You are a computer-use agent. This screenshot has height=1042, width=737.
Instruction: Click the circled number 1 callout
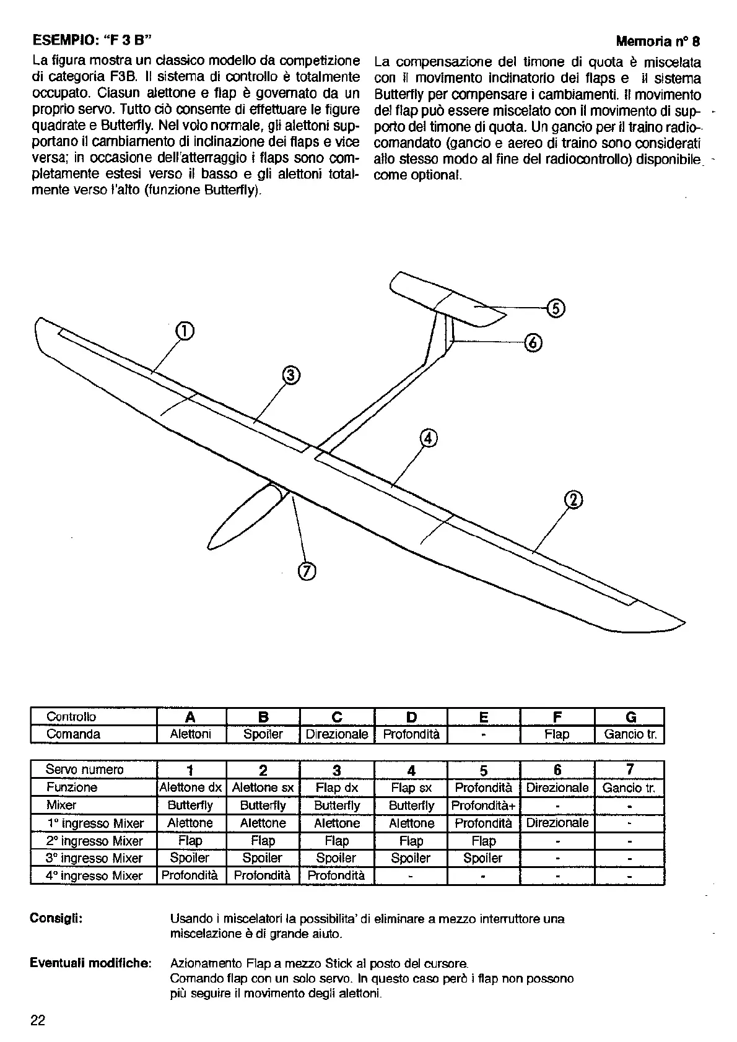pyautogui.click(x=185, y=332)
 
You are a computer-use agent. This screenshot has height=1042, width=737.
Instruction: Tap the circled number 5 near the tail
pyautogui.click(x=555, y=308)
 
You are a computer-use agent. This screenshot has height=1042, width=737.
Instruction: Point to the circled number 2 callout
pyautogui.click(x=574, y=500)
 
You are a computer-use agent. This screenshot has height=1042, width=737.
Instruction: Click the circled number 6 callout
pyautogui.click(x=534, y=342)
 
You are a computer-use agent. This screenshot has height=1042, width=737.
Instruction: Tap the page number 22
pyautogui.click(x=38, y=1021)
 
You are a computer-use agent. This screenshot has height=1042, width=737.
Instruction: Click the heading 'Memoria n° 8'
pyautogui.click(x=658, y=41)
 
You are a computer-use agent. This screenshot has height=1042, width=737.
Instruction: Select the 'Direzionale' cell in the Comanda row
pyautogui.click(x=337, y=734)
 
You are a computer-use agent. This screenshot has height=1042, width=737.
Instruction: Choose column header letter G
pyautogui.click(x=630, y=717)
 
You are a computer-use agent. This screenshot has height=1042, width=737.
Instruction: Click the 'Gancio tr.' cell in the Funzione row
pyautogui.click(x=630, y=788)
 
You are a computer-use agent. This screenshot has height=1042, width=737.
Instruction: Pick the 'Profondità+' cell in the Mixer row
pyautogui.click(x=484, y=805)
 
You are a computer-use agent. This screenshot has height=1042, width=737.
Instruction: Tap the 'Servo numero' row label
pyautogui.click(x=85, y=770)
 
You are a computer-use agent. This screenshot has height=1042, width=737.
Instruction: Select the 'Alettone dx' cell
pyautogui.click(x=191, y=788)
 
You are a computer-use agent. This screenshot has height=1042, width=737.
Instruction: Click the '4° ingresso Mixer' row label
pyautogui.click(x=95, y=875)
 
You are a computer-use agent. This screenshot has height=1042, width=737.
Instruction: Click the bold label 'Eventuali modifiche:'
pyautogui.click(x=90, y=963)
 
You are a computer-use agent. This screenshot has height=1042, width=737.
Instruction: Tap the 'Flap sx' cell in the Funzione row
pyautogui.click(x=411, y=788)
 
